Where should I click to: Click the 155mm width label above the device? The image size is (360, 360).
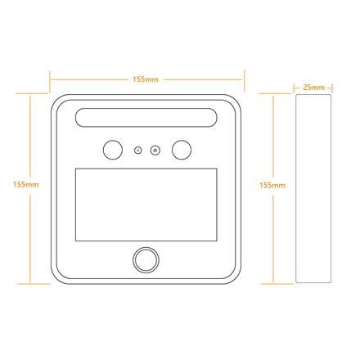click(x=146, y=79)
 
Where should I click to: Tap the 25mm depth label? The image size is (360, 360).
click(x=313, y=88)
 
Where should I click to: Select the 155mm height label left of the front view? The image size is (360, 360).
click(x=26, y=185)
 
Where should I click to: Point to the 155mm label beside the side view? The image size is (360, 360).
click(x=272, y=186)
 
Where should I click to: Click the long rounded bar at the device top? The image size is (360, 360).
click(x=146, y=118)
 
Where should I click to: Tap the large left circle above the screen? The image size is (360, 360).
click(x=113, y=150)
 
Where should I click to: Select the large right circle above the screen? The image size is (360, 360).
click(x=182, y=150)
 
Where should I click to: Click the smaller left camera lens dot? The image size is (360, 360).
click(x=138, y=151)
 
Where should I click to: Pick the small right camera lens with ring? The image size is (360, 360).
click(x=155, y=151)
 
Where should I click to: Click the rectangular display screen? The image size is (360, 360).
click(x=146, y=205)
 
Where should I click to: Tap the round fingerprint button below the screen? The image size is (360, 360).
click(x=146, y=260)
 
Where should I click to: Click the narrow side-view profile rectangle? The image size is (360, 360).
click(x=313, y=188)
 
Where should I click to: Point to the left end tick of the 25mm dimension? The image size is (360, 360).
click(x=295, y=88)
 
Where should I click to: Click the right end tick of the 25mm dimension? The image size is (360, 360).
click(x=332, y=88)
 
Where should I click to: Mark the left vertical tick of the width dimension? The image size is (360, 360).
click(x=50, y=82)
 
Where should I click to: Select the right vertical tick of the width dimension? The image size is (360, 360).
click(x=245, y=81)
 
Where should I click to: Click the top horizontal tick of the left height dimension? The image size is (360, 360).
click(x=32, y=93)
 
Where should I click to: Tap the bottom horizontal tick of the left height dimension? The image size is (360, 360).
click(x=34, y=284)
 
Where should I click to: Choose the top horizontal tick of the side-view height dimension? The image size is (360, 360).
click(x=275, y=93)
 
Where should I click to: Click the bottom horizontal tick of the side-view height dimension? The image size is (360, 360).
click(x=277, y=284)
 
